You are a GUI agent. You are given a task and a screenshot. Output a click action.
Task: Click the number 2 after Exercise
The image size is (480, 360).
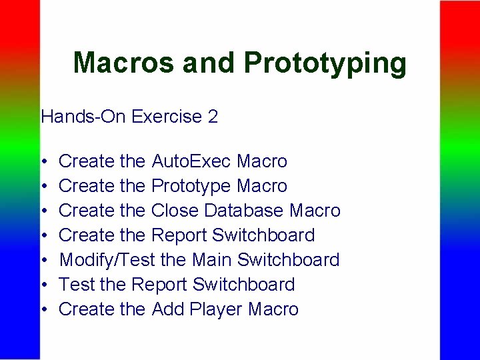(213, 117)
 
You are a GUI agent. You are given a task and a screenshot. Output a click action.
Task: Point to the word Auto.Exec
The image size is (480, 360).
(191, 161)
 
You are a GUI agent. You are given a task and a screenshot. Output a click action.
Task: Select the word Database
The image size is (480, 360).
(244, 211)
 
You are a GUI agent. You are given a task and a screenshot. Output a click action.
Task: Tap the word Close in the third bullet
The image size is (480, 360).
(175, 211)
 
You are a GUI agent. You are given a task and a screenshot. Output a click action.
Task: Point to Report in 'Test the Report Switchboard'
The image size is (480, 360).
(157, 285)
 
